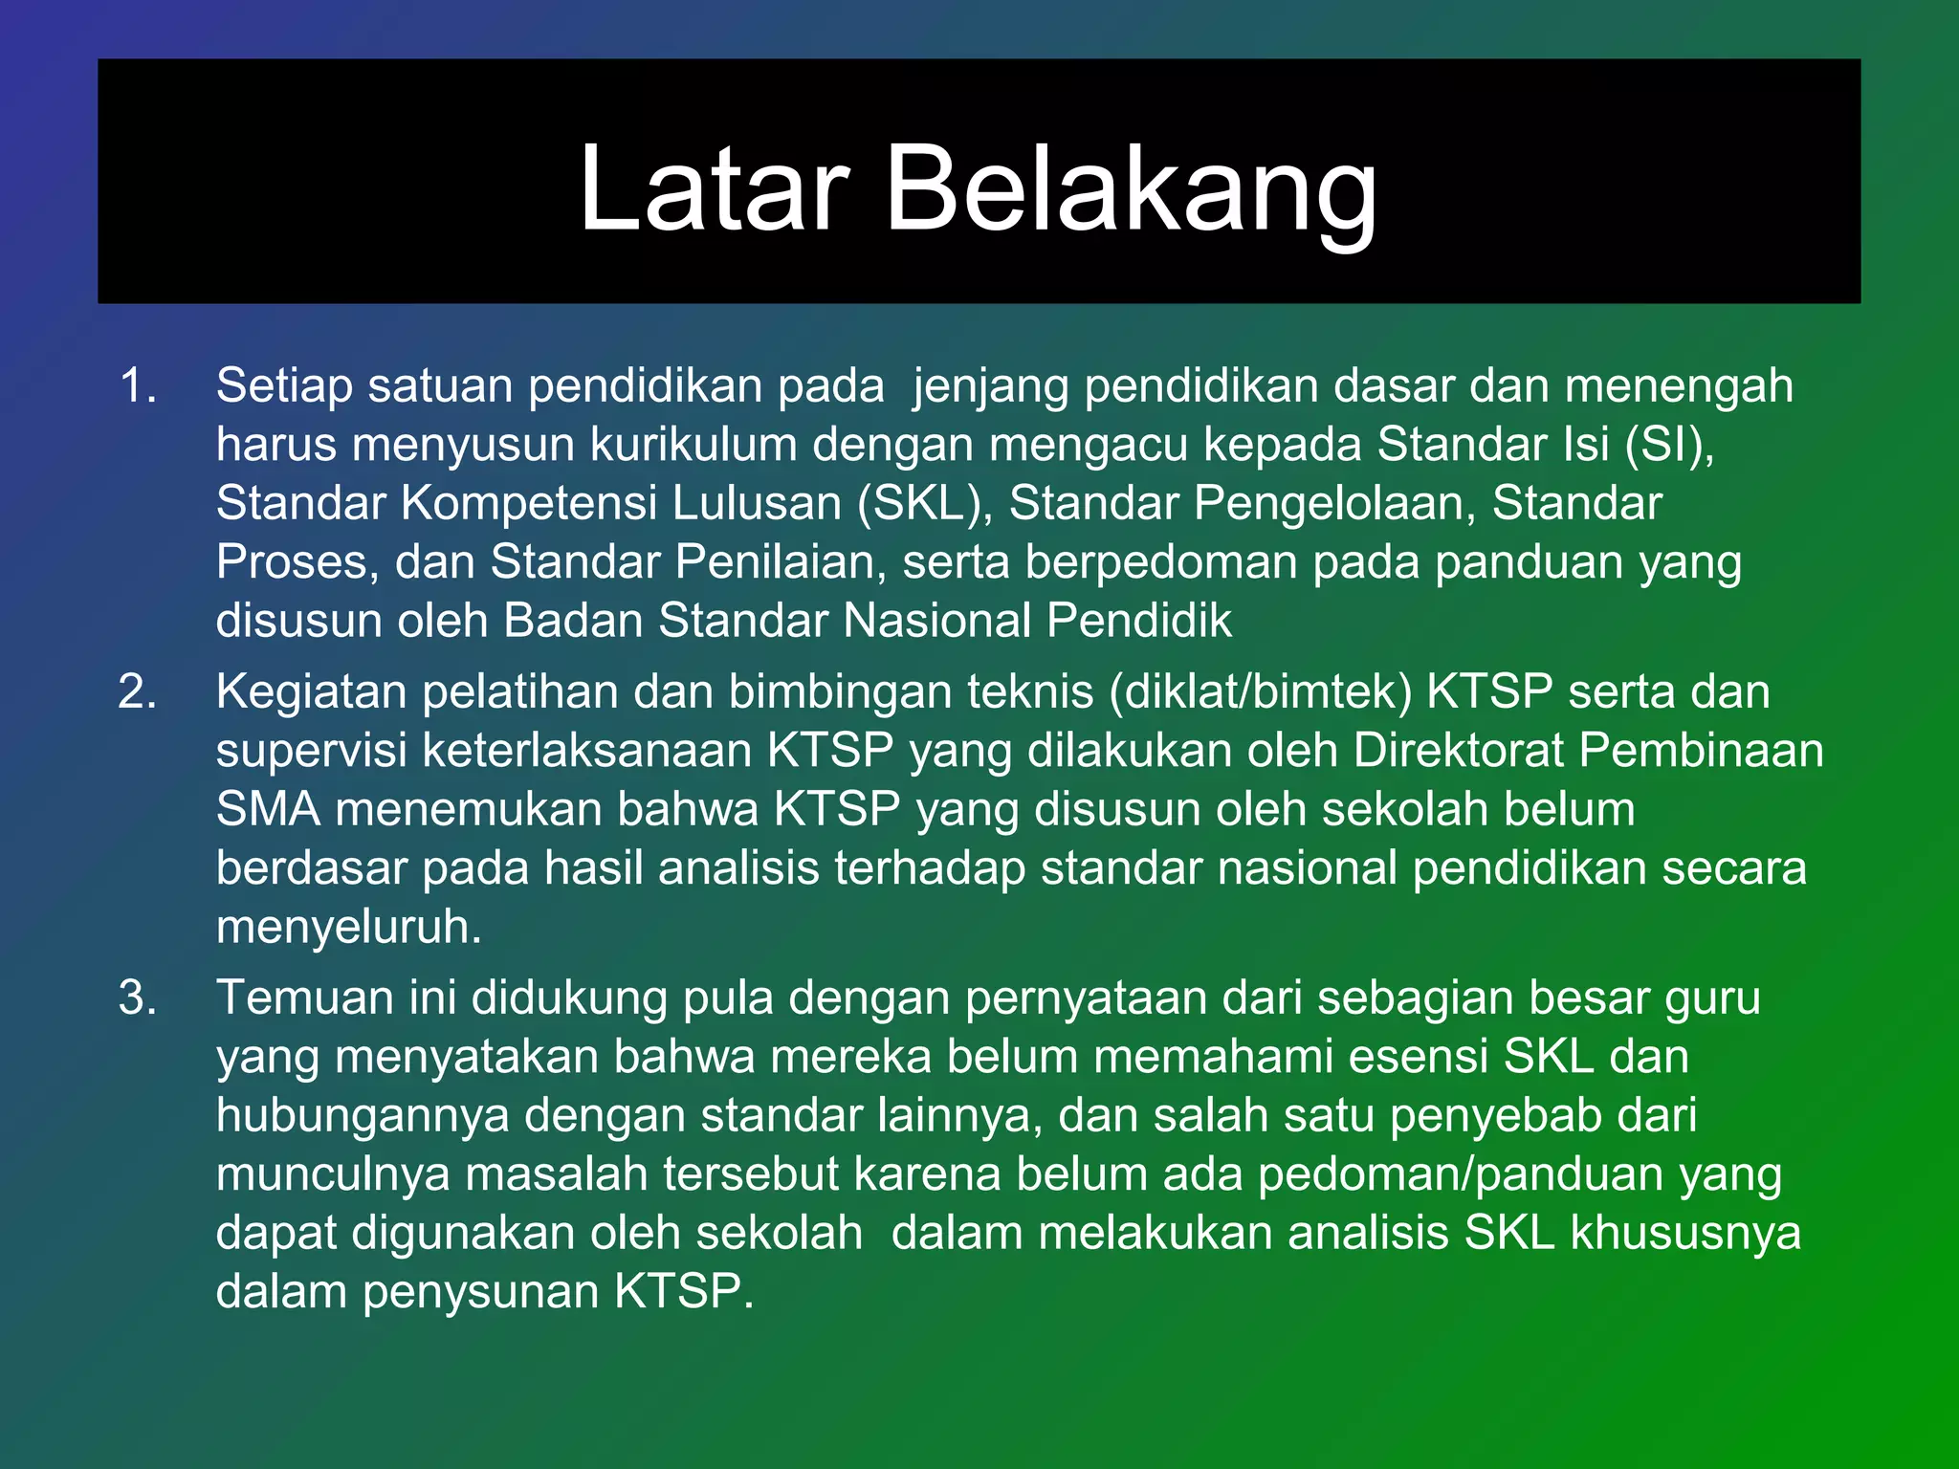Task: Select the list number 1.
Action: pyautogui.click(x=138, y=385)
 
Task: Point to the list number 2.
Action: pyautogui.click(x=138, y=691)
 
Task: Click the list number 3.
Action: pyautogui.click(x=138, y=998)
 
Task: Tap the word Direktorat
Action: pyautogui.click(x=1458, y=751)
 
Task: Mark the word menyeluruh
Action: pyautogui.click(x=349, y=928)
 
